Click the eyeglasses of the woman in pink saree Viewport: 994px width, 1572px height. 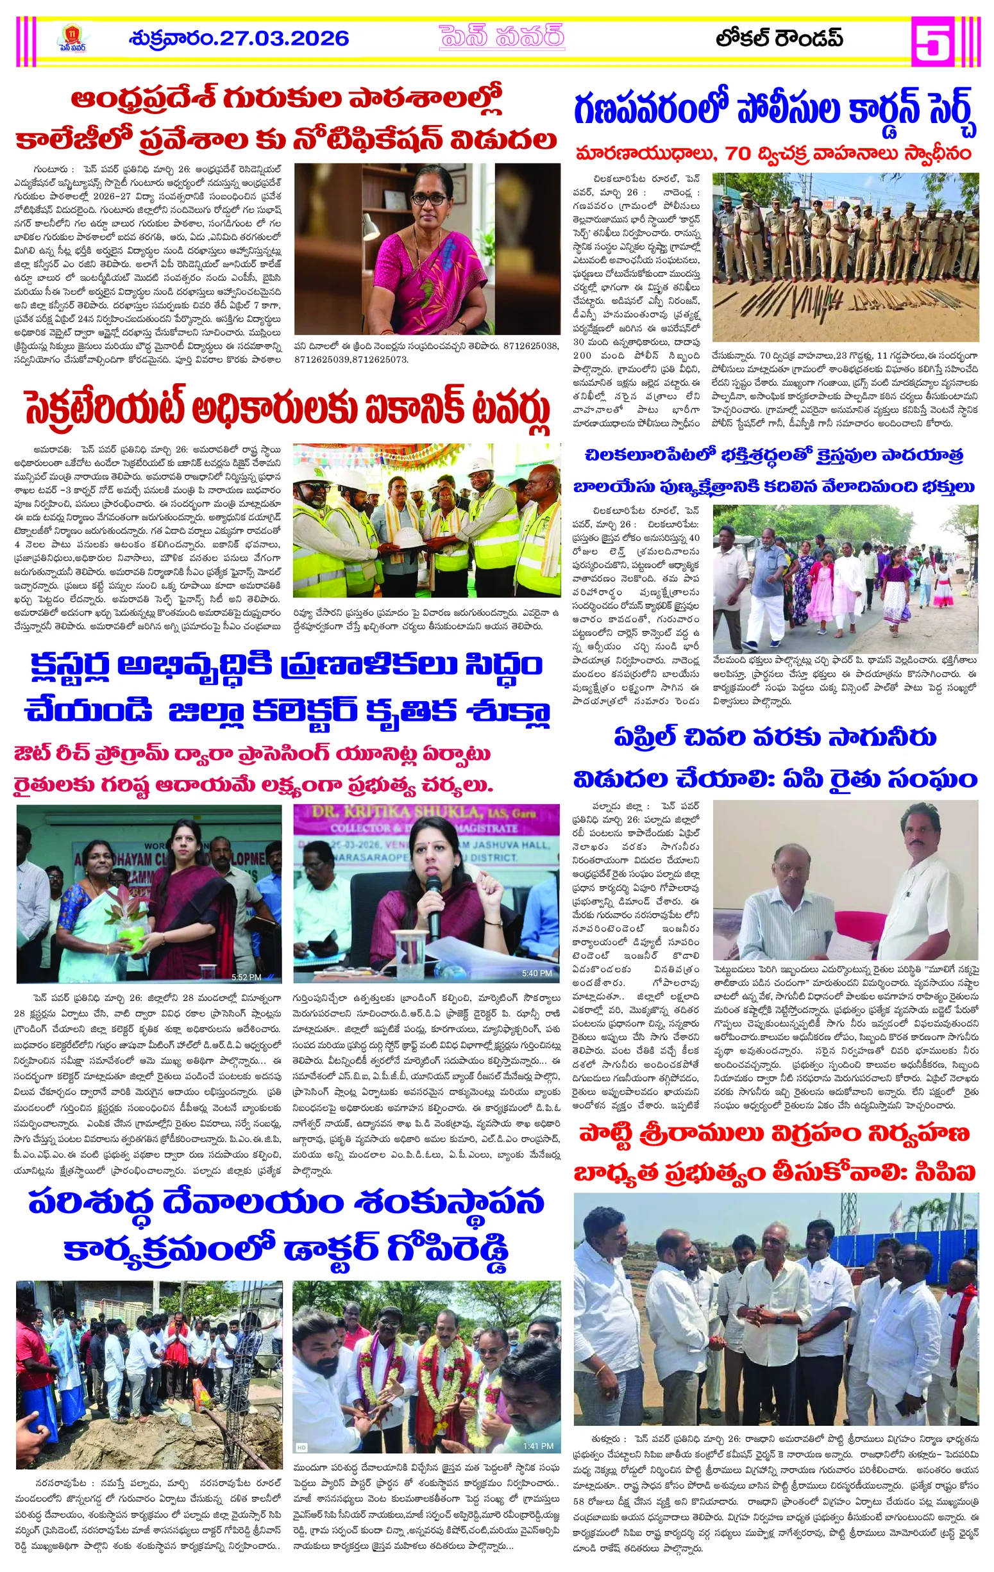point(428,199)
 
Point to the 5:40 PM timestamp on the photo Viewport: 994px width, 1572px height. point(536,973)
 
